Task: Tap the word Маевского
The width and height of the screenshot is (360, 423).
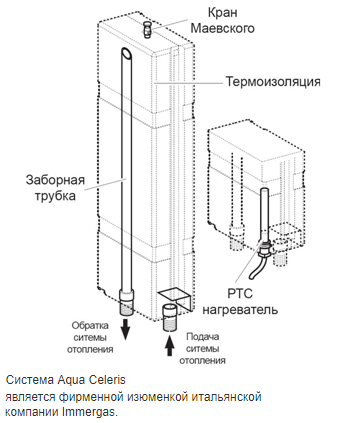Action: pos(222,28)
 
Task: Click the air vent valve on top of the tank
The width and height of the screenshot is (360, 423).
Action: pos(147,29)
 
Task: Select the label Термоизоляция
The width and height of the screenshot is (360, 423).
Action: pos(273,81)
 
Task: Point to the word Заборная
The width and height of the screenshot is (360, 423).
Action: pos(55,180)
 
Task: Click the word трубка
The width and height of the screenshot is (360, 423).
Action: pos(55,196)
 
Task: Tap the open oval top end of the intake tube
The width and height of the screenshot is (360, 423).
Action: pos(126,53)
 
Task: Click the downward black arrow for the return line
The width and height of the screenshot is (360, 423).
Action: pos(125,329)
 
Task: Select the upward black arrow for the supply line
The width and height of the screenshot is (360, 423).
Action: pos(170,345)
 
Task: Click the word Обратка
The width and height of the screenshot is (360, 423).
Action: pos(90,325)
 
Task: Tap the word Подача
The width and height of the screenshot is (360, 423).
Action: pos(203,336)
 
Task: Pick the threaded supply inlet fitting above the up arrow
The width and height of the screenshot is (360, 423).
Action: pos(170,317)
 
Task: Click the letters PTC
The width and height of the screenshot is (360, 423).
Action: pos(240,294)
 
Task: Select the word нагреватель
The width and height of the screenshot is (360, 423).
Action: pos(240,310)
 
